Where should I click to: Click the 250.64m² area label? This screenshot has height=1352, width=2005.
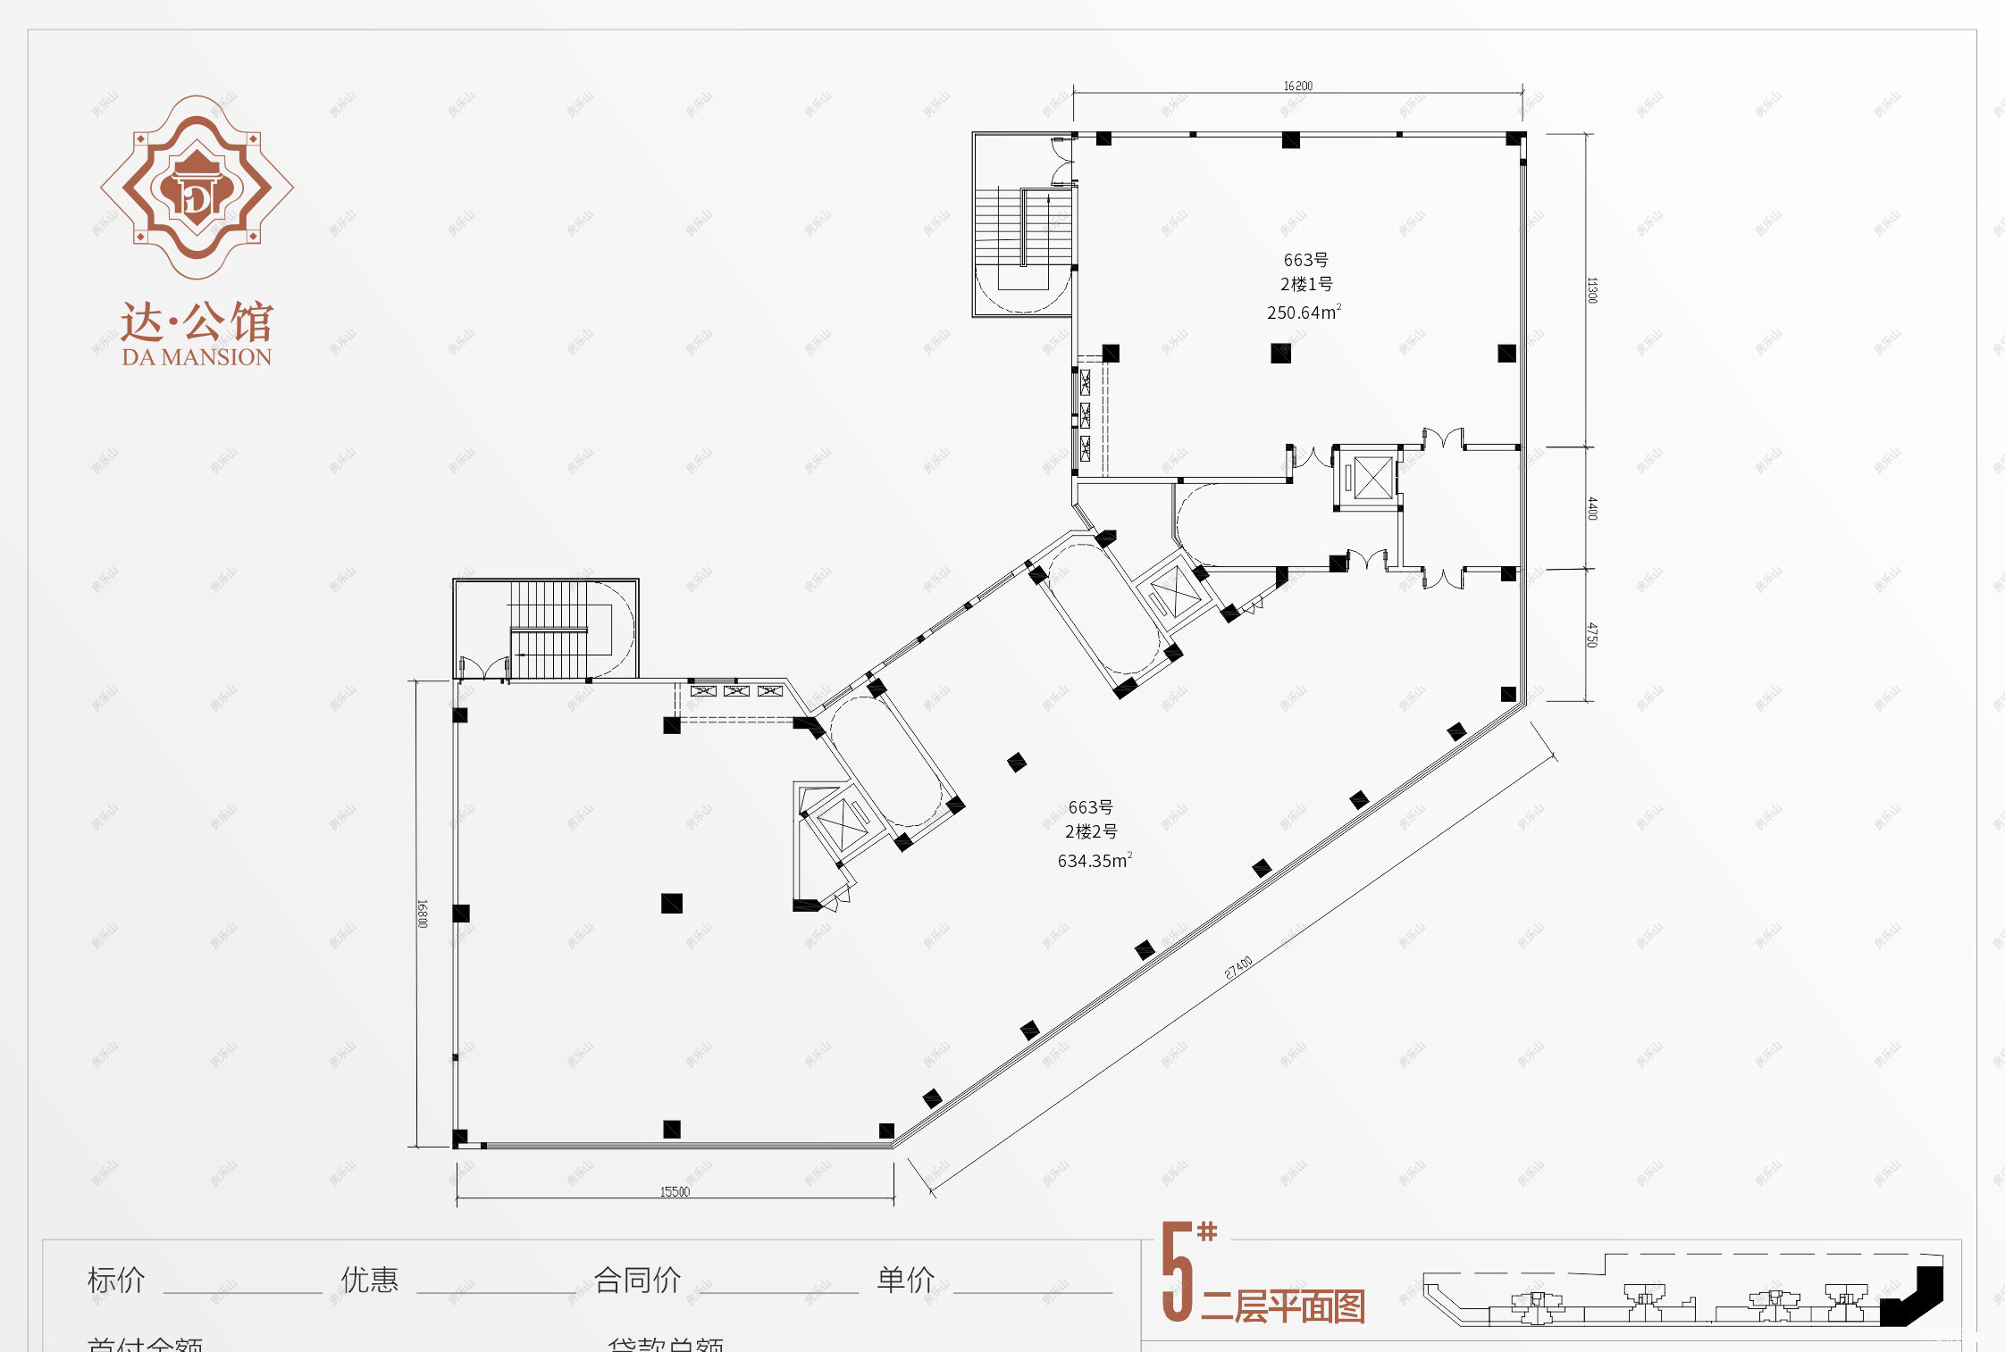coord(1304,313)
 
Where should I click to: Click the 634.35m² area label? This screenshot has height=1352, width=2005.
coord(1095,861)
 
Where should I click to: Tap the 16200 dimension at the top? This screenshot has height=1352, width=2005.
coord(1298,86)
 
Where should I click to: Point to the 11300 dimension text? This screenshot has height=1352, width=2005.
coord(1591,290)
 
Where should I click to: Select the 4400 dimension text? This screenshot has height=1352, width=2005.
coord(1591,508)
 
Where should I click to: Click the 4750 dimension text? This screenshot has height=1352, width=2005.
coord(1591,635)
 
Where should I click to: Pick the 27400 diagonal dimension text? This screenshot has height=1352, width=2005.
coord(1238,967)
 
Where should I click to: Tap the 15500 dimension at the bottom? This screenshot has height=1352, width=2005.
coord(675,1191)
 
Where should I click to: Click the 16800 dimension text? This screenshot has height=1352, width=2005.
coord(423,914)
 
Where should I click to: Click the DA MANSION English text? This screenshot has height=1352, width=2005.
coord(197,357)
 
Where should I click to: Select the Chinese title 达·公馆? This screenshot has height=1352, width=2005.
coord(197,321)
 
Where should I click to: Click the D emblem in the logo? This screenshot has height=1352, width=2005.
coord(197,198)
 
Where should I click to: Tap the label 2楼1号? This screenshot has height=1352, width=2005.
coord(1306,284)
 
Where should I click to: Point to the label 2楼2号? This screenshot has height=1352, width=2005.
coord(1091,831)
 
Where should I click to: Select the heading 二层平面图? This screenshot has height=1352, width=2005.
coord(1282,1306)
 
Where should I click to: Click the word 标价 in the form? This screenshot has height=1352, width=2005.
coord(116,1280)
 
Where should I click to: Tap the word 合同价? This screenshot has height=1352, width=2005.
coord(637,1280)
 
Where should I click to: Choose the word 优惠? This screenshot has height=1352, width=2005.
coord(369,1280)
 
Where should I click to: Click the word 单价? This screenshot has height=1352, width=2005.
coord(905,1280)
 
